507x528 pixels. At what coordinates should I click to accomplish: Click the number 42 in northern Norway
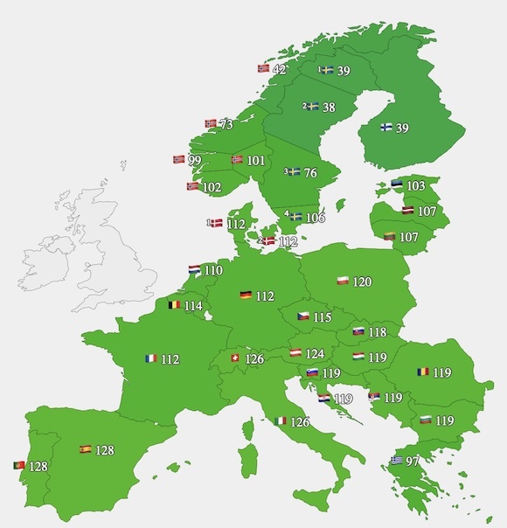[x=280, y=69]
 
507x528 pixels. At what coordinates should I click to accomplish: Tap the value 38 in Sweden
[x=329, y=108]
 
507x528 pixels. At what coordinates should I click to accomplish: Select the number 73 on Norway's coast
[x=226, y=125]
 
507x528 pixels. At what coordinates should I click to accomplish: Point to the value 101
[x=255, y=161]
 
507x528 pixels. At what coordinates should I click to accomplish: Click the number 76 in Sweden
[x=310, y=173]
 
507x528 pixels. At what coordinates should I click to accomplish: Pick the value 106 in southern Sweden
[x=315, y=218]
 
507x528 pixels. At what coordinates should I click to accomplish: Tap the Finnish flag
[x=386, y=128]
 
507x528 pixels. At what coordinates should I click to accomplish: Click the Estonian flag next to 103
[x=397, y=184]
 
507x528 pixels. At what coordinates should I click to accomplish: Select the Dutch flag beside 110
[x=195, y=270]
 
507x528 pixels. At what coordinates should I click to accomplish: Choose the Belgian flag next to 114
[x=175, y=306]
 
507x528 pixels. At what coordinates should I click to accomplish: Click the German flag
[x=247, y=296]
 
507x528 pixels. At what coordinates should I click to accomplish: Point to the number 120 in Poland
[x=362, y=282]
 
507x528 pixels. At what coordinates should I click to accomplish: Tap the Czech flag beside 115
[x=303, y=316]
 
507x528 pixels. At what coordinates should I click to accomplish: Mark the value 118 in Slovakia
[x=377, y=332]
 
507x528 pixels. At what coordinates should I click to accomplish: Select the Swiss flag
[x=233, y=358]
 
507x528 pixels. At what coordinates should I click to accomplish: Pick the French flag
[x=150, y=358]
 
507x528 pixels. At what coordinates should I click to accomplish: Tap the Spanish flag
[x=86, y=449]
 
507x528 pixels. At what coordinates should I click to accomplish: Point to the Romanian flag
[x=423, y=372]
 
